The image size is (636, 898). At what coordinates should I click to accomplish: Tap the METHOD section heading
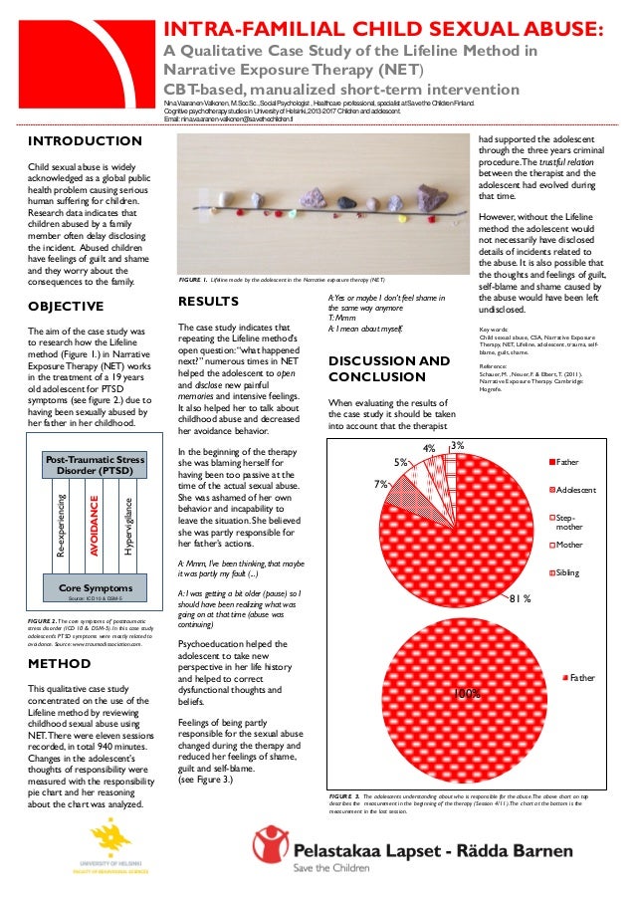click(60, 662)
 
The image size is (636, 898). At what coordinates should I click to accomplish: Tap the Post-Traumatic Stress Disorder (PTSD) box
click(95, 464)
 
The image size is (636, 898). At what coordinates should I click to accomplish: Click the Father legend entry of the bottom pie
click(581, 677)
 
